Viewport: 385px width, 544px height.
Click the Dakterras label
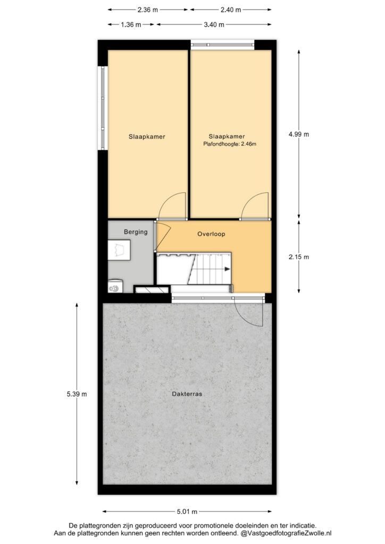[187, 394]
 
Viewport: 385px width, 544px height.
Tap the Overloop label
[211, 234]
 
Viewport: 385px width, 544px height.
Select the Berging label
[136, 232]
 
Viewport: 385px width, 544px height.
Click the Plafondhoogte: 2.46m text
[230, 143]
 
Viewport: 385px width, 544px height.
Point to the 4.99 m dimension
[298, 134]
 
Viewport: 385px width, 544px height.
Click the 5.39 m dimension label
[77, 394]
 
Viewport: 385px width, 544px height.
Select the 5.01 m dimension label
[187, 512]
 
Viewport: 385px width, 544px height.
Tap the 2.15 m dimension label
[298, 257]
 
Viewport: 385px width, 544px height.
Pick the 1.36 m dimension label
[131, 24]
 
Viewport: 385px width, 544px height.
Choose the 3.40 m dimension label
[214, 24]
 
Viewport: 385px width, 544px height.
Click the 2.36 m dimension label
[147, 10]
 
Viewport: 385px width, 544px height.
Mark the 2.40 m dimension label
[231, 10]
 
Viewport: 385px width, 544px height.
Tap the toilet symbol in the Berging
[115, 286]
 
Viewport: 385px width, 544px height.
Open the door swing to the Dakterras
[249, 314]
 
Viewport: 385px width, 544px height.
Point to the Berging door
[163, 236]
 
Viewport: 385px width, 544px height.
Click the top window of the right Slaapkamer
[222, 45]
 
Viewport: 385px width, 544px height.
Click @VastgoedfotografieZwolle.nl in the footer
[287, 533]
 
